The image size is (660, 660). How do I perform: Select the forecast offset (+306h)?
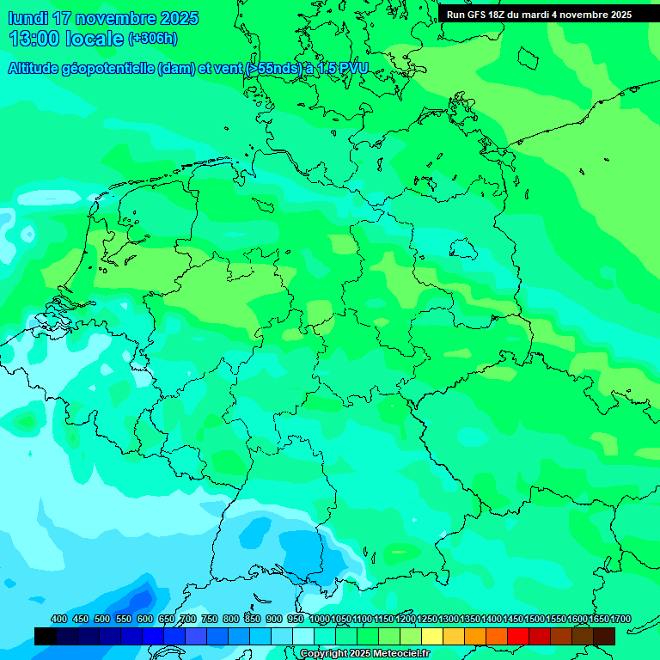(x=153, y=39)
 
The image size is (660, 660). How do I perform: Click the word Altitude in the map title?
(x=37, y=69)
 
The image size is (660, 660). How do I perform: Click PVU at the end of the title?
(x=353, y=69)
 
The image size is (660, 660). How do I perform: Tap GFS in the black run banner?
(x=478, y=14)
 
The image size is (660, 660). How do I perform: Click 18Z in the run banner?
(x=499, y=14)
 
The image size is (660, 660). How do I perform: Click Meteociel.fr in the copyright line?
(x=396, y=654)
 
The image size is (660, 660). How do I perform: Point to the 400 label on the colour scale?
(x=59, y=619)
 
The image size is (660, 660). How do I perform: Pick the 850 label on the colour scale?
(x=253, y=619)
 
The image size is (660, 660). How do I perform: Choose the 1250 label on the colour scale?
(x=427, y=619)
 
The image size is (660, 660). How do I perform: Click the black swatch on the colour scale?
(x=46, y=636)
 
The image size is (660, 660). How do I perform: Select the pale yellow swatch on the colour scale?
(x=432, y=636)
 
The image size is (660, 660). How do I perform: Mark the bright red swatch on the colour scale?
(x=518, y=636)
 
